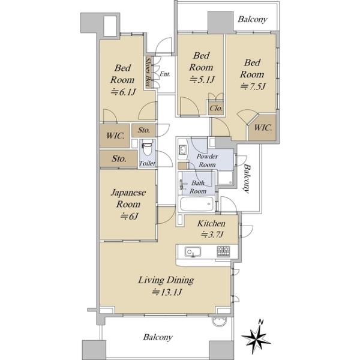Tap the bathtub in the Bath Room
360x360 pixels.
(x=197, y=204)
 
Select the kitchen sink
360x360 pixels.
(x=193, y=251)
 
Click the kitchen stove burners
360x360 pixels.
(x=223, y=251)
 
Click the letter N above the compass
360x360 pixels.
(x=260, y=322)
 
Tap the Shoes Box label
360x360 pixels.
(x=149, y=72)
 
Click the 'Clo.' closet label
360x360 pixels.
(x=216, y=108)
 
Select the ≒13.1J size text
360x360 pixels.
(x=167, y=292)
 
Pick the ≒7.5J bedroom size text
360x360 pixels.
(x=253, y=86)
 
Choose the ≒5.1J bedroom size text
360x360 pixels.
(x=202, y=80)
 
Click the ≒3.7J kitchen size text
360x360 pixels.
(x=212, y=235)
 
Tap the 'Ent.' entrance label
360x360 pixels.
(x=165, y=74)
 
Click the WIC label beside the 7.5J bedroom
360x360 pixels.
(x=263, y=128)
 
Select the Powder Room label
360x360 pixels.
(x=207, y=160)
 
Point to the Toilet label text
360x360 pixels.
(x=147, y=163)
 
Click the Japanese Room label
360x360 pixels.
(x=128, y=199)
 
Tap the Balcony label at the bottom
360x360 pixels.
(x=158, y=337)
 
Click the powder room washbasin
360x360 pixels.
(x=183, y=150)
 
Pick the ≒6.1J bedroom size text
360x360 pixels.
(x=124, y=92)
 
